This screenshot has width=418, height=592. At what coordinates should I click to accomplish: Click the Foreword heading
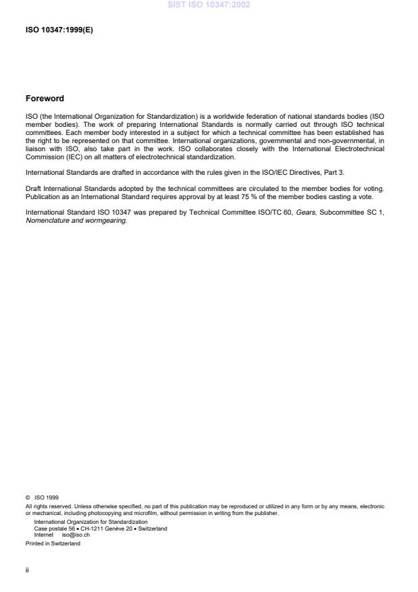click(45, 99)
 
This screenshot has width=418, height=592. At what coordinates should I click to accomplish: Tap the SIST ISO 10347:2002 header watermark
click(208, 5)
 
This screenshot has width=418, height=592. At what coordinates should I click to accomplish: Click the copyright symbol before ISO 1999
click(28, 497)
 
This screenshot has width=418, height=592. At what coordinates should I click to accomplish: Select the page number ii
click(27, 569)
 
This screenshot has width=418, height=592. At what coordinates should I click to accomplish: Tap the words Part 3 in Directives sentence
click(334, 172)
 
